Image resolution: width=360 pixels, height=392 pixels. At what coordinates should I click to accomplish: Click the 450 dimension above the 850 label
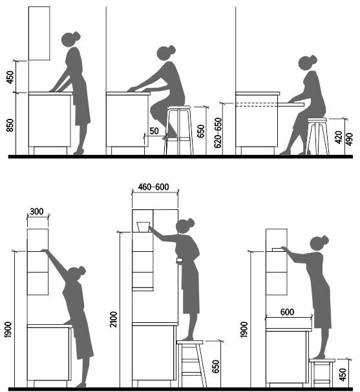click(x=10, y=77)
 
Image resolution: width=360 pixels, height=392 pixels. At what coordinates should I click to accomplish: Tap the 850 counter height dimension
click(x=10, y=125)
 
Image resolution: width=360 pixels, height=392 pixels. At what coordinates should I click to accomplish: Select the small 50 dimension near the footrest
click(x=154, y=131)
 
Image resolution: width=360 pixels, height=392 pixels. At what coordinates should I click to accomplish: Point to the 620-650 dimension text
click(x=218, y=133)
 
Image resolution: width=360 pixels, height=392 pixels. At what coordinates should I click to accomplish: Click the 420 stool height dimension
click(x=338, y=137)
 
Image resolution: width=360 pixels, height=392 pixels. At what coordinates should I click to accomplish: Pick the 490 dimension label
click(x=349, y=139)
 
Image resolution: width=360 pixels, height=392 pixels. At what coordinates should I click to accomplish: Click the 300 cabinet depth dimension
click(x=37, y=212)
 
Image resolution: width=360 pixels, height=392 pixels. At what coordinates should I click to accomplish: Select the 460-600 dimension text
click(x=153, y=187)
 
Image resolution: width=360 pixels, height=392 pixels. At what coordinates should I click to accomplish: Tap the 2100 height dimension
click(x=113, y=319)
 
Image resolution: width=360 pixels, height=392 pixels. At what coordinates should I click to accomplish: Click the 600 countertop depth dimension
click(x=287, y=312)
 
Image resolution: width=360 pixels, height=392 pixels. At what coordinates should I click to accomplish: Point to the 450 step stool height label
click(x=343, y=375)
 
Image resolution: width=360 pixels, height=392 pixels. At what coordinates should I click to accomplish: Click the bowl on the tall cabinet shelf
click(x=143, y=227)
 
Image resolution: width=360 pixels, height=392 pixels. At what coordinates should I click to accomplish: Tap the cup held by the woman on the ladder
click(x=180, y=260)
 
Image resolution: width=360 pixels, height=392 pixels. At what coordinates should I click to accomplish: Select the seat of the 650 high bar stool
click(x=178, y=108)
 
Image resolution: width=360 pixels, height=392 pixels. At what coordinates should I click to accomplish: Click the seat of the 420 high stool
click(x=317, y=120)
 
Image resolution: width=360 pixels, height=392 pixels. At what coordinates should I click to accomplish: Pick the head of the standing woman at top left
click(x=70, y=39)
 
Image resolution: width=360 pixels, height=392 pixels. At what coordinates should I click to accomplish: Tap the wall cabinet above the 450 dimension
click(x=39, y=33)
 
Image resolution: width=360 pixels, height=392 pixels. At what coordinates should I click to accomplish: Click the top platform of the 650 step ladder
click(x=189, y=342)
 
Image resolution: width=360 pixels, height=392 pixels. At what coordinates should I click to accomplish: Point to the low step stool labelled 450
click(x=322, y=372)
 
